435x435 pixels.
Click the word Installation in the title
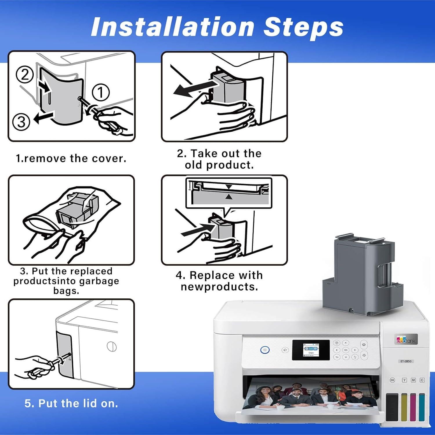[173, 27]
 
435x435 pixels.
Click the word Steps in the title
[303, 27]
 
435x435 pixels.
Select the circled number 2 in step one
[25, 75]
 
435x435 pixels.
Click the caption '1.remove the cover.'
[71, 158]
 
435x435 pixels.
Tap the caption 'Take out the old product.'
[219, 159]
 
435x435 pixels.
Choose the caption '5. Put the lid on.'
[71, 403]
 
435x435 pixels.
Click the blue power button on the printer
[264, 350]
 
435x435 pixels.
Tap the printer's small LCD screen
[311, 350]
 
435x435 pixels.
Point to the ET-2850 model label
[406, 361]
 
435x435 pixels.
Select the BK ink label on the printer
[392, 380]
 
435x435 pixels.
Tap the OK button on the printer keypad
[346, 350]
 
